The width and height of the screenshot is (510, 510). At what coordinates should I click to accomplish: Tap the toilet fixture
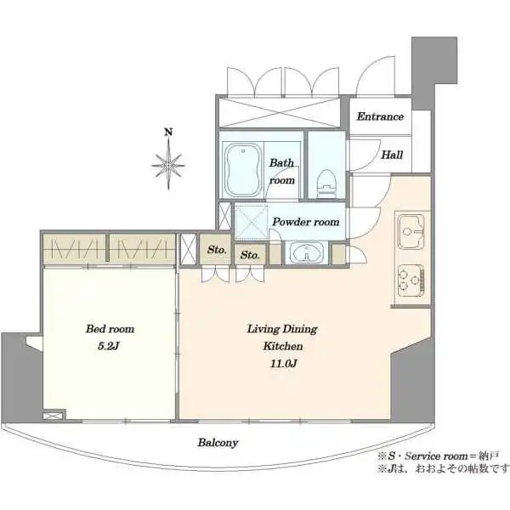327,184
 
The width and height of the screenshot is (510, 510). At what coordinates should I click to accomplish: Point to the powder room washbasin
306,253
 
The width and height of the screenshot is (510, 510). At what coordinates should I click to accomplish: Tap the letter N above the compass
168,132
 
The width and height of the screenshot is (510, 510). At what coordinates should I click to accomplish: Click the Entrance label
380,116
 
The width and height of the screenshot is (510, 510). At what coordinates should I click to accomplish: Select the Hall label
392,155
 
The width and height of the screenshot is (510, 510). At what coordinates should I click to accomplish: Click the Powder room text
306,222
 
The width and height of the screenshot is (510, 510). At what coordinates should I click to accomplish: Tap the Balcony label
218,442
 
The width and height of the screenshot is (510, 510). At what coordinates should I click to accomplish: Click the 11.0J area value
283,363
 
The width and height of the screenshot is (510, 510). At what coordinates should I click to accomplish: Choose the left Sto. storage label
217,250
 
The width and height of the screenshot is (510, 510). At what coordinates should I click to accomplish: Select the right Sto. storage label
250,255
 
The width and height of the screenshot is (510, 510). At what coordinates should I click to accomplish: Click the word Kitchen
283,346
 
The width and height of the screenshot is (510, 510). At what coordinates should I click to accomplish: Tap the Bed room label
110,329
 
